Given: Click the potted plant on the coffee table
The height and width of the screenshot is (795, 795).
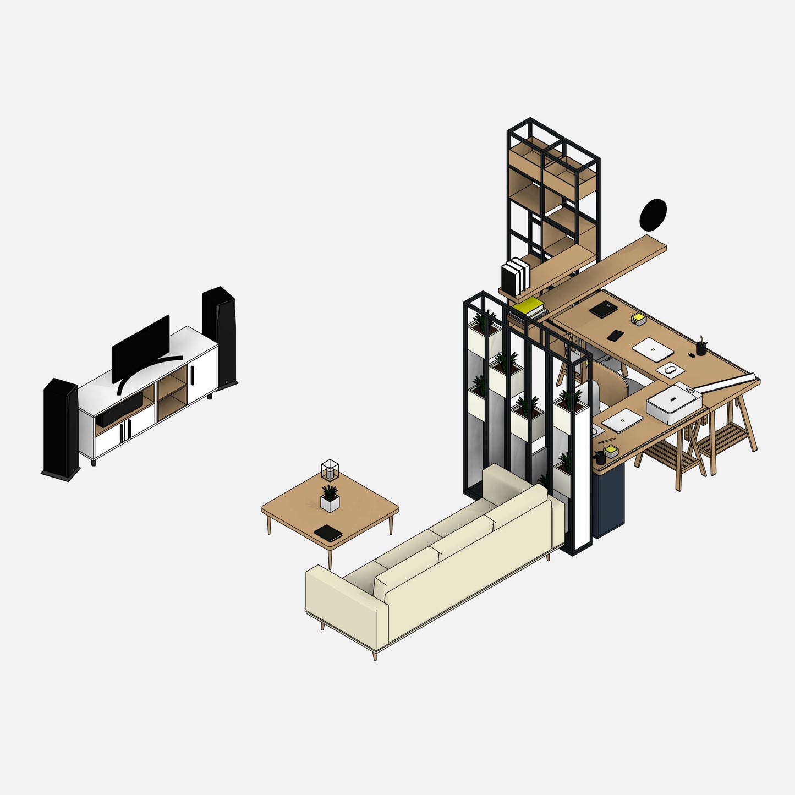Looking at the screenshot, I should pyautogui.click(x=330, y=498).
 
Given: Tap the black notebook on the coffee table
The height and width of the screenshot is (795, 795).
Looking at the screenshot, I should pyautogui.click(x=328, y=533).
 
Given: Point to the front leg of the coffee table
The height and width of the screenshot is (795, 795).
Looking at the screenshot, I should pyautogui.click(x=330, y=558).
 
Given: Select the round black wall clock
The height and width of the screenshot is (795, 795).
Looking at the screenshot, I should pyautogui.click(x=653, y=215).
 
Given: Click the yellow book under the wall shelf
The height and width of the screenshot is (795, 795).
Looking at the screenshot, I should pyautogui.click(x=528, y=306).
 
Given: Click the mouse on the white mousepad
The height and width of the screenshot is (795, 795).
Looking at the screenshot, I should pyautogui.click(x=670, y=370).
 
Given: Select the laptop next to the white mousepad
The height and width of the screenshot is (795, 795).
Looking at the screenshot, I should pyautogui.click(x=653, y=349).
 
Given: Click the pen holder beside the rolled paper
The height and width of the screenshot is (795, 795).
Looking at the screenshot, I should pyautogui.click(x=700, y=347).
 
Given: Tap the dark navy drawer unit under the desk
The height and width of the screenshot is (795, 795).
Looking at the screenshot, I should pyautogui.click(x=608, y=501).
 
